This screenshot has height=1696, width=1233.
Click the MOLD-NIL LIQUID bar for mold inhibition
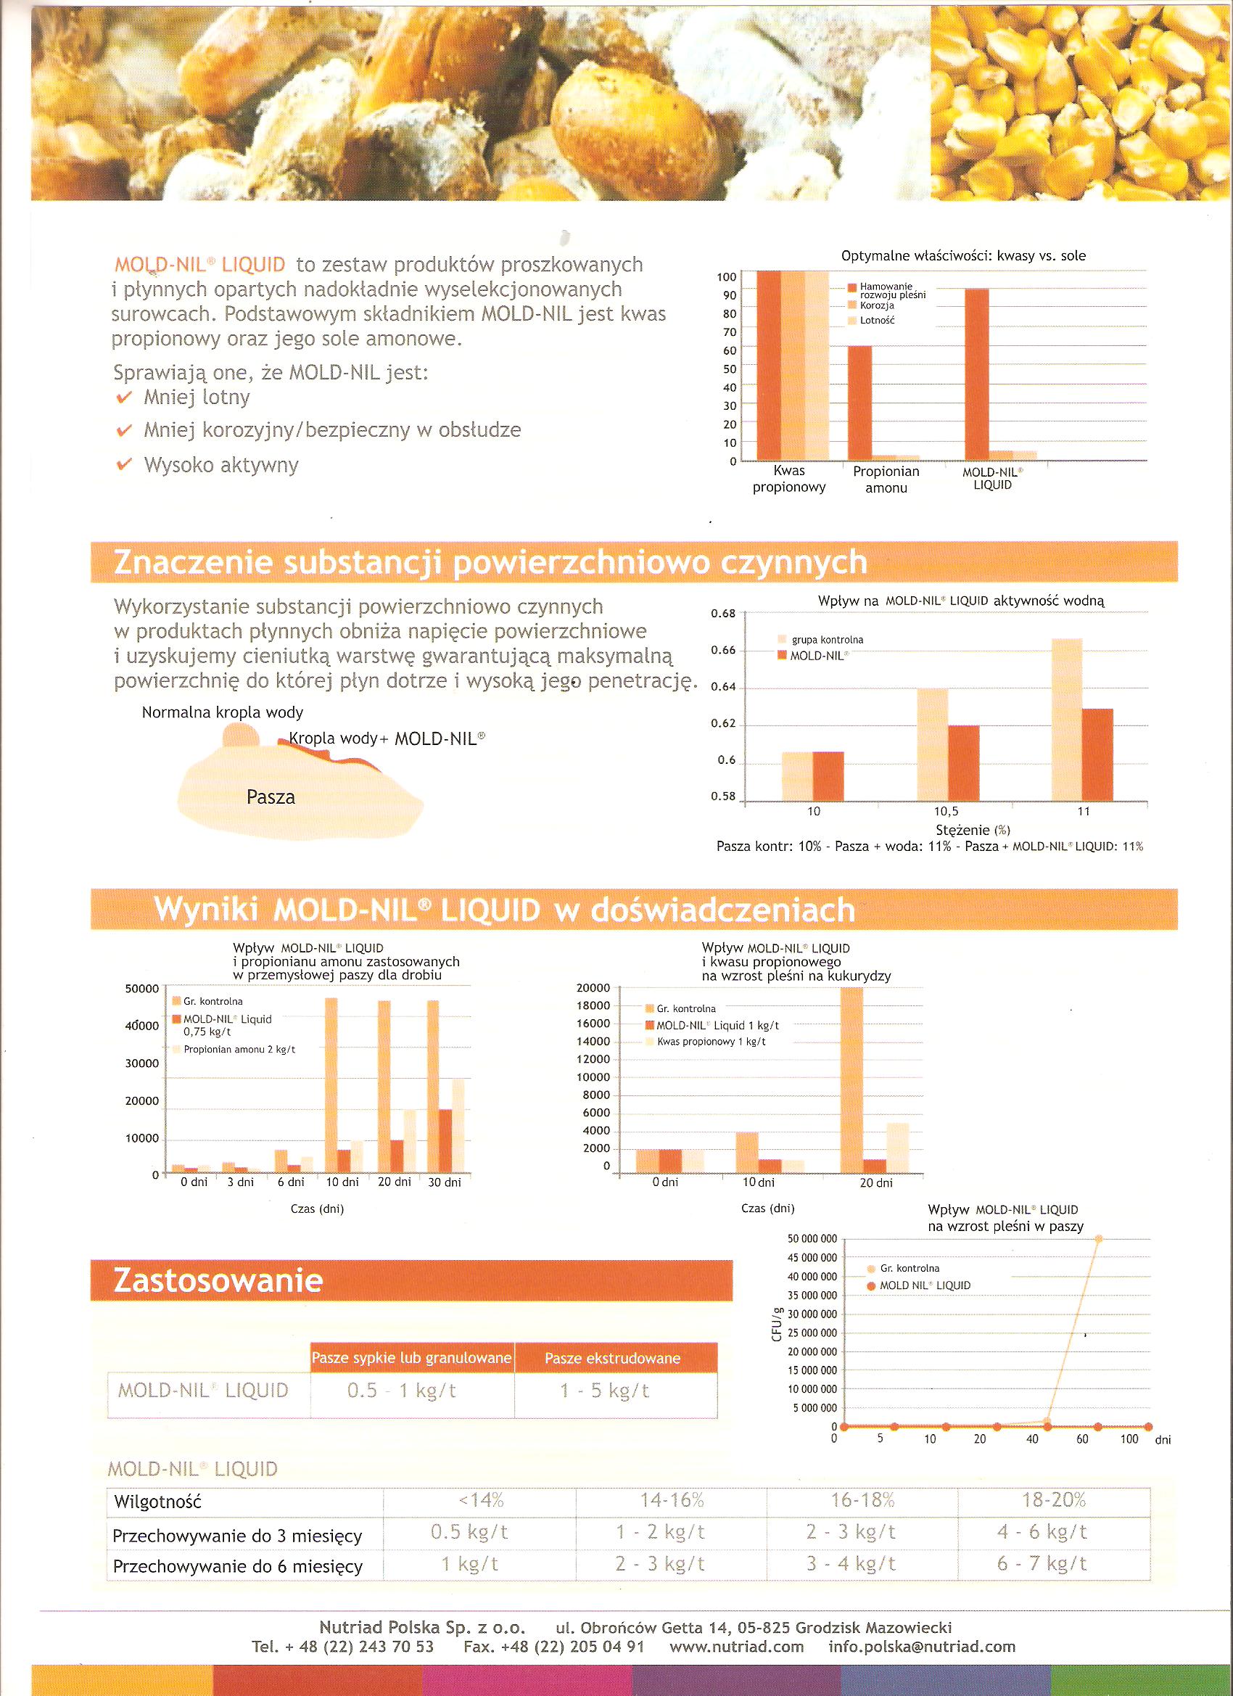coord(976,374)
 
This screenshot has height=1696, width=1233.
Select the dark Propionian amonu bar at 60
coord(860,403)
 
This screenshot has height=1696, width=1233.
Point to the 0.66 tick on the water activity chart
coord(724,651)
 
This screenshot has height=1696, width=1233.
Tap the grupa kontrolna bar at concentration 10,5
coord(933,744)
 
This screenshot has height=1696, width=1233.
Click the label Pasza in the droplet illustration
coord(271,797)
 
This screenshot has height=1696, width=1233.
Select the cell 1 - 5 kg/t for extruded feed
coord(605,1391)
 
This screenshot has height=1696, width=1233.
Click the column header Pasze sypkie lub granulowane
coord(412,1357)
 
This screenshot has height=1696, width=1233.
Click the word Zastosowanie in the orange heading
coord(218,1281)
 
